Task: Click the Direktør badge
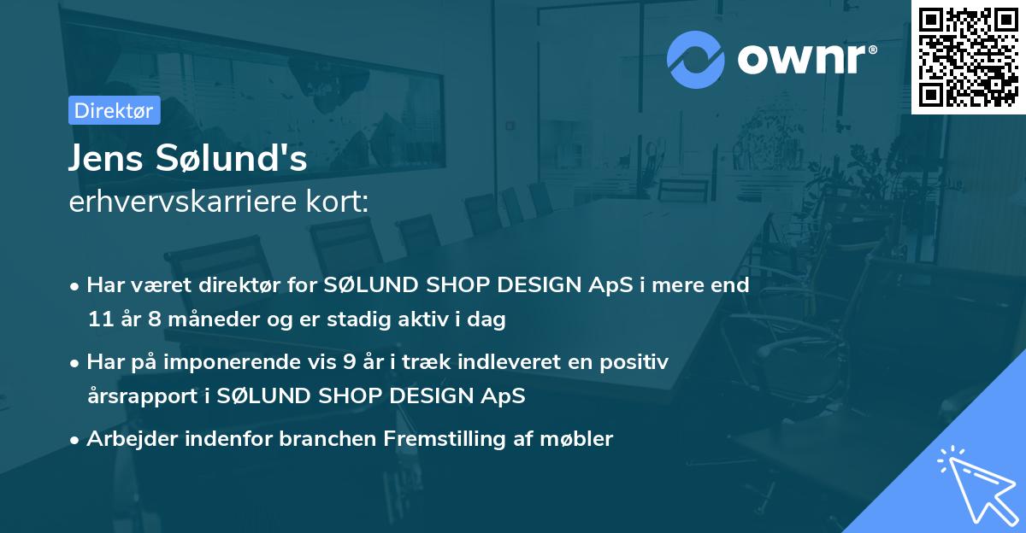coord(114,110)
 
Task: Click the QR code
coord(968,56)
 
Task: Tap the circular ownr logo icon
coord(696,59)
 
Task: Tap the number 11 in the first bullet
coord(99,320)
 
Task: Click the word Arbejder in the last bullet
coord(125,439)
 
